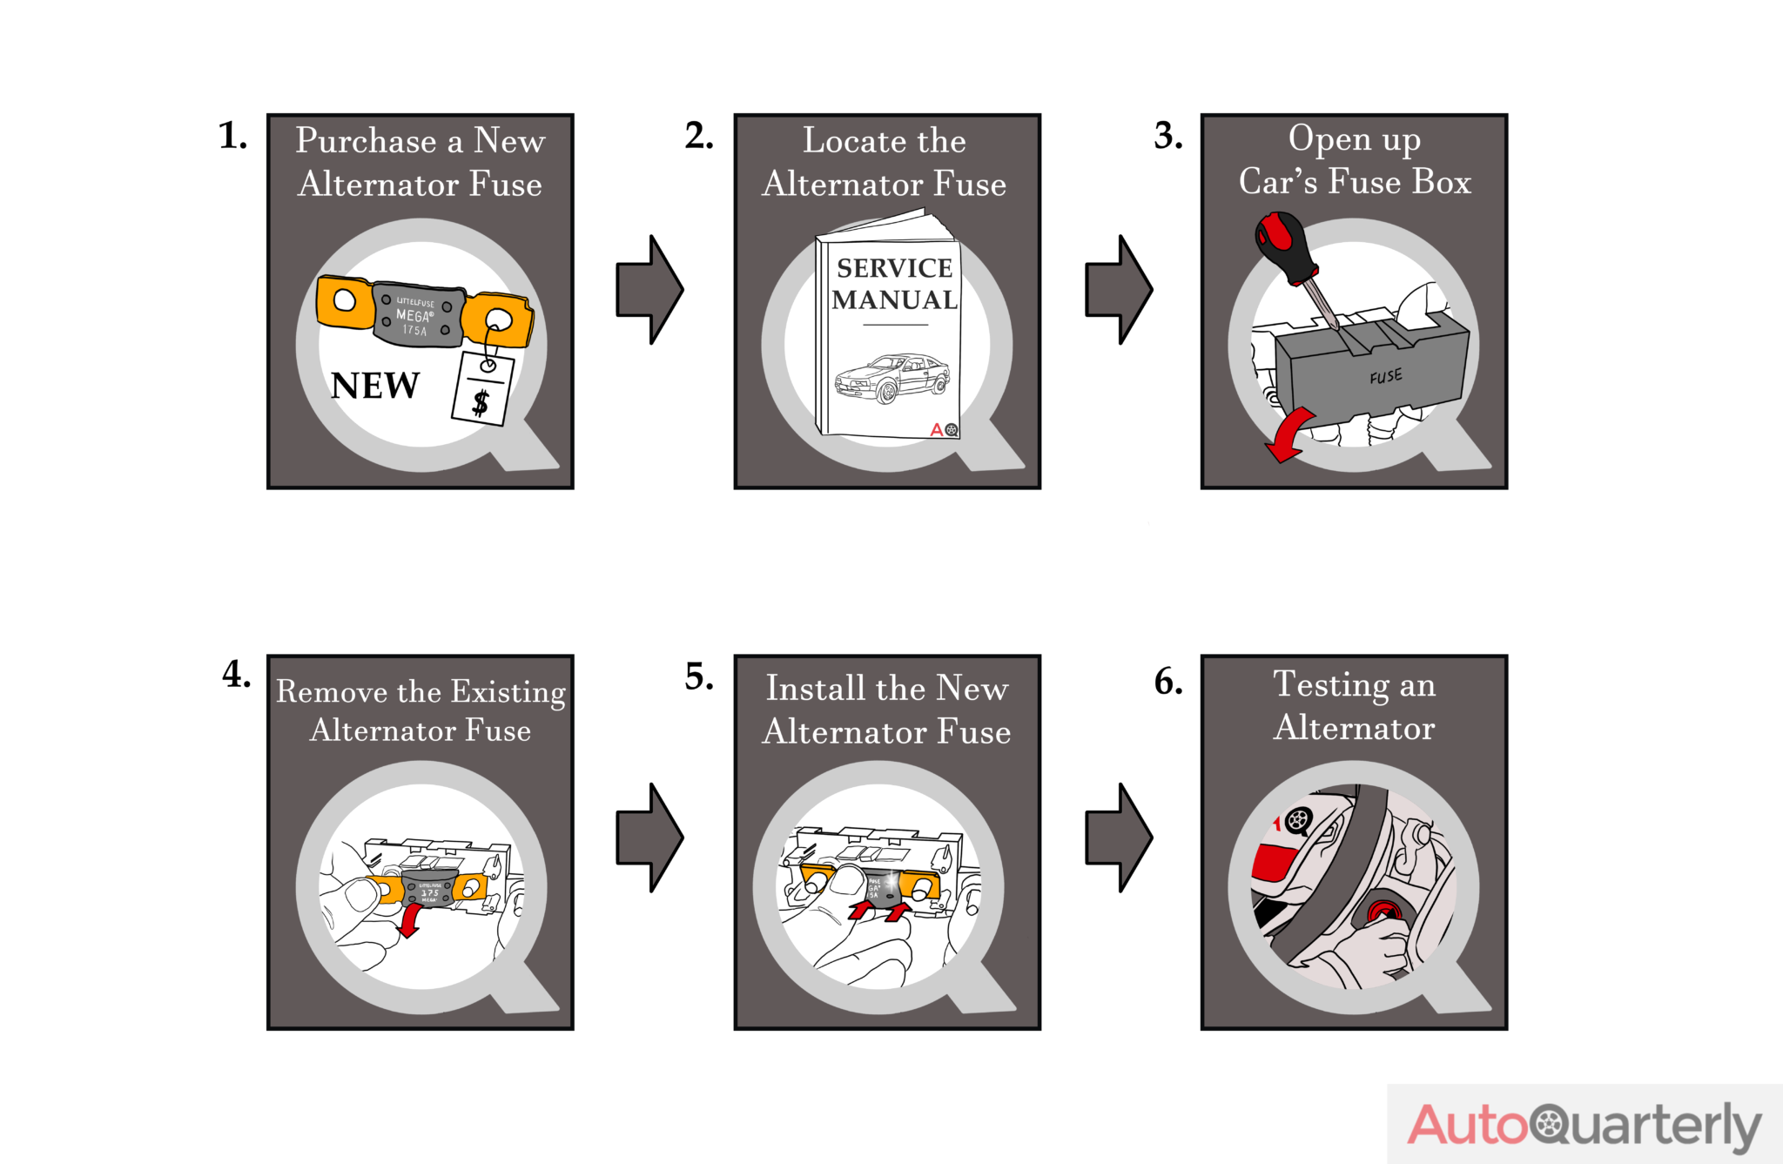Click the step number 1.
232,136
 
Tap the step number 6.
1168,681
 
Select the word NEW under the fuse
375,386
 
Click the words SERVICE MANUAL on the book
894,284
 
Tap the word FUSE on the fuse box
1385,376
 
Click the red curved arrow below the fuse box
1287,434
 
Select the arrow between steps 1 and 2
649,289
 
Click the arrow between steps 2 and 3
1119,289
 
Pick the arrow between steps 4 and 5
649,838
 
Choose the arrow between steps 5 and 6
1119,838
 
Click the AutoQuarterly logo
1584,1124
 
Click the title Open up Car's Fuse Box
1354,160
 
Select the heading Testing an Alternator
1354,705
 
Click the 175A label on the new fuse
414,330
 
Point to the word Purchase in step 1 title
366,141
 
